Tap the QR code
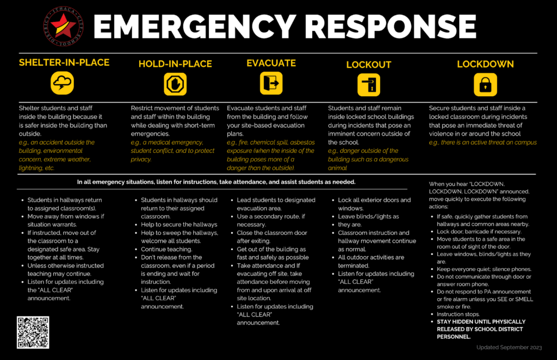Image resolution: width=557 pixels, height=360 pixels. click(33, 332)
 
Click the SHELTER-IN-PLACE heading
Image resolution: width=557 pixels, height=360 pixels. click(64, 63)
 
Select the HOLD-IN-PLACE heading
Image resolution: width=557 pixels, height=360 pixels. click(175, 64)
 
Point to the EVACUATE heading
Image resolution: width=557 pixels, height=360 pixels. click(271, 63)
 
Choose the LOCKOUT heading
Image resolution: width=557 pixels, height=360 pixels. click(368, 65)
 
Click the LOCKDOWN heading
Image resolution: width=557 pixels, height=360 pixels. click(485, 64)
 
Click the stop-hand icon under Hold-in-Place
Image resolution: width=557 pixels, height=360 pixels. click(175, 84)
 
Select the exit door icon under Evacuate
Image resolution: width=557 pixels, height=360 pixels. click(271, 84)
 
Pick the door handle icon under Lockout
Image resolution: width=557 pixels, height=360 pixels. click(369, 85)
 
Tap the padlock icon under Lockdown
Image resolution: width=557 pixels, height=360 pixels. click(485, 84)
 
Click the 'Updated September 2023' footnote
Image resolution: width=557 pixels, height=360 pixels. click(509, 347)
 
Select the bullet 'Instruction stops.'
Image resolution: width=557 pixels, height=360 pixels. click(458, 314)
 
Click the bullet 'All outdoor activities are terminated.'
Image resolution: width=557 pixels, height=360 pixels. click(370, 261)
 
